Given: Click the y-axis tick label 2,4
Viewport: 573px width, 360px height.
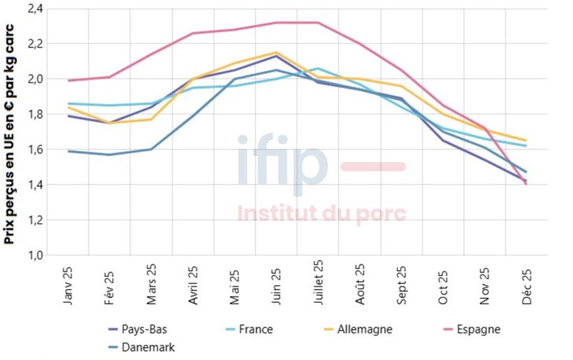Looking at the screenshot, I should click(36, 8).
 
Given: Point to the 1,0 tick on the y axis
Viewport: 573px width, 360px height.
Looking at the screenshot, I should click(36, 255).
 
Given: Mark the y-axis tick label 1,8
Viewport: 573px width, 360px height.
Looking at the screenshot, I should click(36, 114).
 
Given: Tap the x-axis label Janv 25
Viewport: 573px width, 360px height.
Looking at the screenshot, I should click(68, 282).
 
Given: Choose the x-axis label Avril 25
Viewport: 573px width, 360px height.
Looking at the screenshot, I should click(193, 283).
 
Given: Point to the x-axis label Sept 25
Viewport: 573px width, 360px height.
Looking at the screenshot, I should click(401, 283).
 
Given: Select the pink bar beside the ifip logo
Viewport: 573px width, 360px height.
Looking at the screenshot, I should click(372, 166).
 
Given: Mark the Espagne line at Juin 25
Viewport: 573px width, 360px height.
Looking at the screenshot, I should click(276, 22).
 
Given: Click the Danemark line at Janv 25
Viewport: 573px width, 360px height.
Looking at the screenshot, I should click(68, 150).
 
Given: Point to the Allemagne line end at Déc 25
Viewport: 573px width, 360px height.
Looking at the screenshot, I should click(525, 141).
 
